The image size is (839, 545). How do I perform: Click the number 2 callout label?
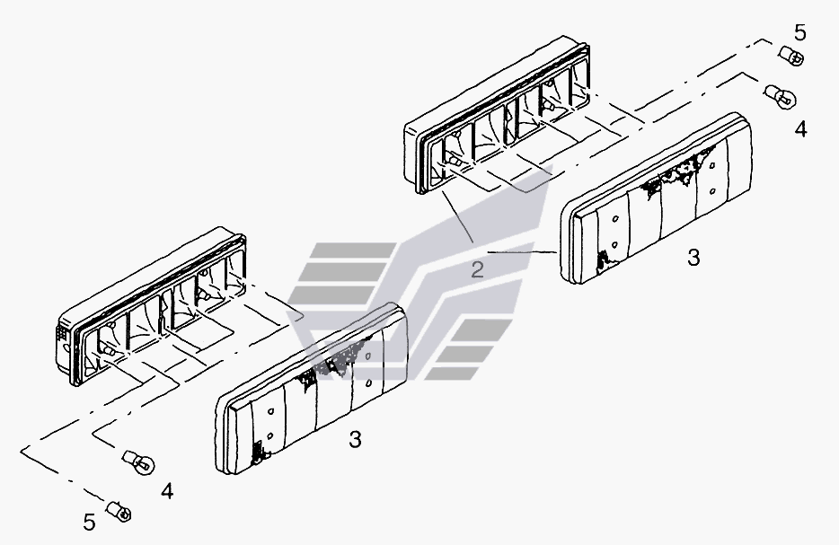pyautogui.click(x=478, y=268)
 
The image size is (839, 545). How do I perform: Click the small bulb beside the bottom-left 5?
pyautogui.click(x=119, y=512)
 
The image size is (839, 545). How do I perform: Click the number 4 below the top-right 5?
pyautogui.click(x=799, y=129)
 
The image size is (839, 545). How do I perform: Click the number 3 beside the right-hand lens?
pyautogui.click(x=693, y=257)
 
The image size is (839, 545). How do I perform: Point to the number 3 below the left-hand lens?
pyautogui.click(x=355, y=439)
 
